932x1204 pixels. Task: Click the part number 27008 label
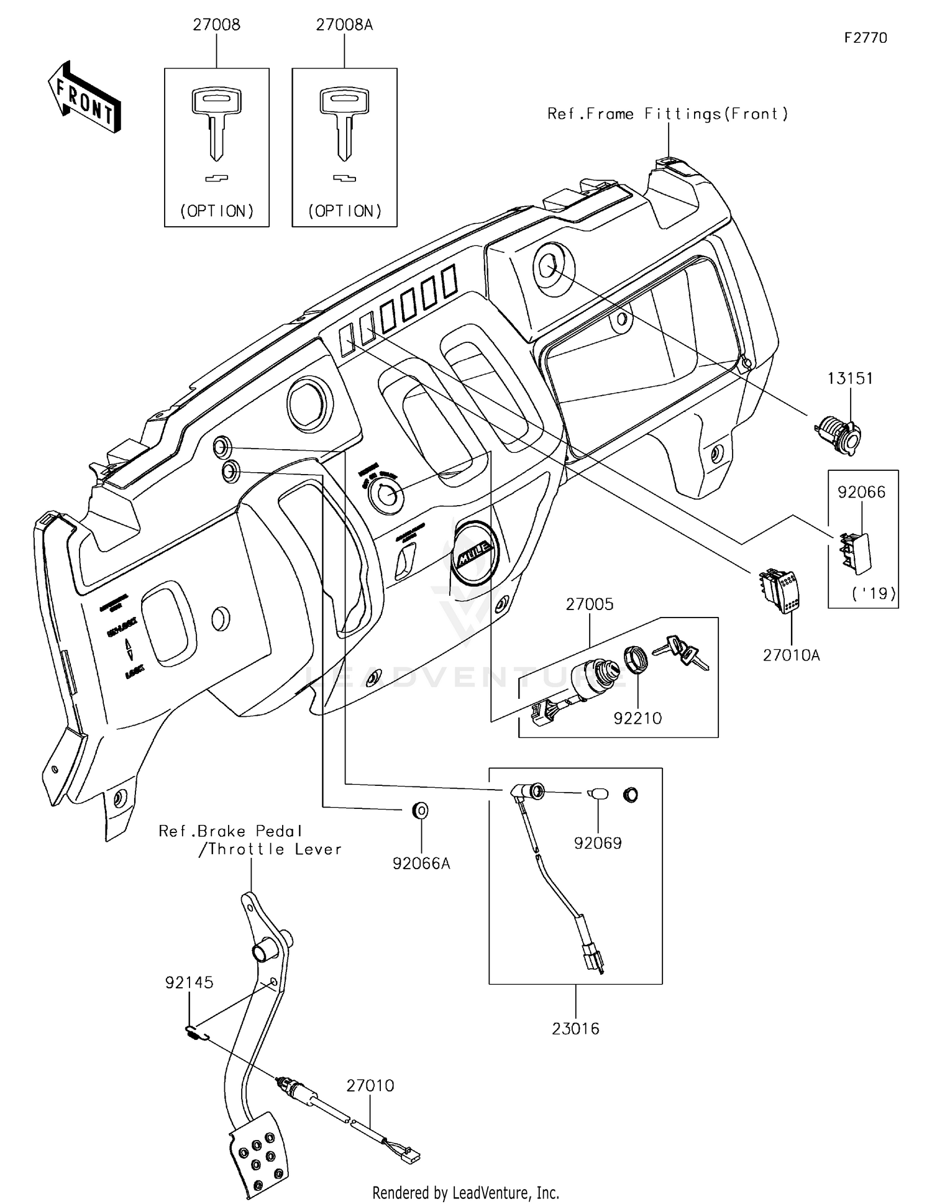tap(216, 25)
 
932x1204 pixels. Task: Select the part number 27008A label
tap(344, 25)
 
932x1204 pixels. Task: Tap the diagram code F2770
tap(866, 38)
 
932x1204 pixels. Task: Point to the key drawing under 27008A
tap(344, 124)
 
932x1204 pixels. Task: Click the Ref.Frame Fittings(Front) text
tap(667, 114)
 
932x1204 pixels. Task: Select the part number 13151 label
tap(849, 378)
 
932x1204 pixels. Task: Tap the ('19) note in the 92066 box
tap(873, 593)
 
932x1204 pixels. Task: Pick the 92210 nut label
tap(637, 718)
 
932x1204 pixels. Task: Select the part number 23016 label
tap(575, 1029)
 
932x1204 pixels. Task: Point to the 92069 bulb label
tap(597, 843)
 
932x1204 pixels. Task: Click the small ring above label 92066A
tap(421, 810)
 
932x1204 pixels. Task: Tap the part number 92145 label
tap(189, 983)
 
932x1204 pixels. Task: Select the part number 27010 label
tap(370, 1085)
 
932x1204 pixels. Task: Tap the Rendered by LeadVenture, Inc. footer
tap(465, 1192)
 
